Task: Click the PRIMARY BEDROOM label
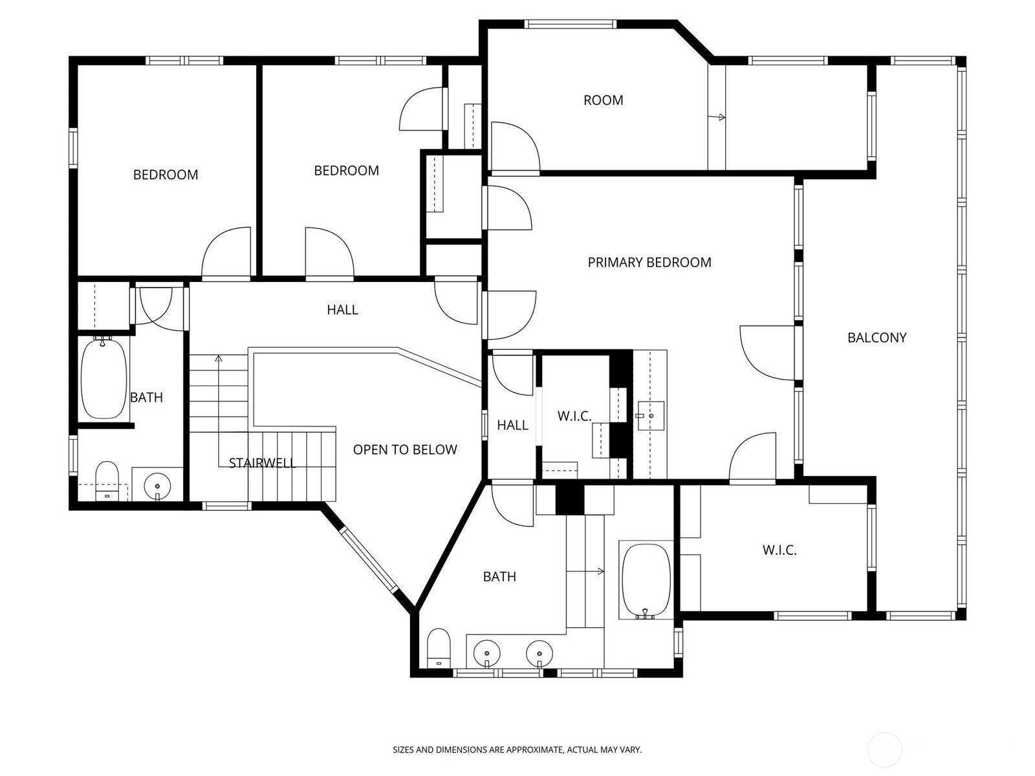click(649, 263)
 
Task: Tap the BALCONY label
click(877, 338)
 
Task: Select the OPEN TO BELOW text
click(405, 449)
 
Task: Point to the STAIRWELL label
click(263, 463)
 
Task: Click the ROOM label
click(603, 100)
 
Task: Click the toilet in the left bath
click(107, 480)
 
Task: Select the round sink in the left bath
click(157, 485)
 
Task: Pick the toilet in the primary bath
click(439, 648)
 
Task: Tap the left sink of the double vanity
click(486, 654)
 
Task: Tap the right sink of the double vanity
click(539, 654)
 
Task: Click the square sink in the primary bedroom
click(651, 416)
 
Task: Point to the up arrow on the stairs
click(218, 411)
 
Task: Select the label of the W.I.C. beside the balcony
click(779, 550)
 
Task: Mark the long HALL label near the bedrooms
click(342, 310)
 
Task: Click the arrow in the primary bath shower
click(585, 572)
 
